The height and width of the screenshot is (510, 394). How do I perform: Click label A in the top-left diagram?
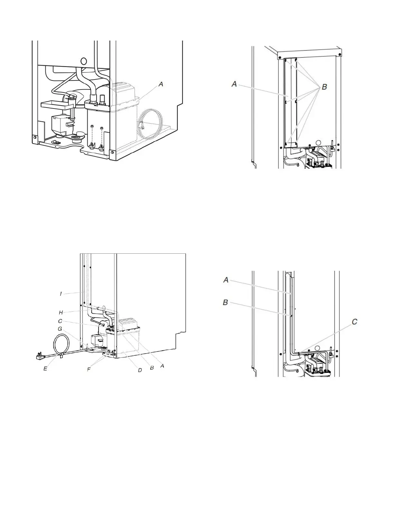[161, 84]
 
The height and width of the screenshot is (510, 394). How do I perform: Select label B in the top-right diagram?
[324, 87]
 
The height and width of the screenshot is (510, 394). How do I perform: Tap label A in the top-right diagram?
[234, 84]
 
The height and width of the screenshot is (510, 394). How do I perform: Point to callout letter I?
[61, 294]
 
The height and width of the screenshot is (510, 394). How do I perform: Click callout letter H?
[61, 312]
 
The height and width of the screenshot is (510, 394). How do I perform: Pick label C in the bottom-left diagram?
[60, 321]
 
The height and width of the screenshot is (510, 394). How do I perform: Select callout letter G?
[60, 329]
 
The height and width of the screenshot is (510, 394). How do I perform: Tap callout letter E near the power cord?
[45, 368]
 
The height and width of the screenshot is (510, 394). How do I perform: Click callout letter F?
[89, 369]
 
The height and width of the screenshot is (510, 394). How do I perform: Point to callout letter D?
[140, 370]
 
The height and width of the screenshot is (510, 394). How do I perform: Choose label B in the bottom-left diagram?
[152, 368]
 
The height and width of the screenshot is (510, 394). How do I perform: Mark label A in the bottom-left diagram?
[162, 366]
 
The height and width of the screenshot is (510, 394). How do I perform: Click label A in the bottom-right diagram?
[226, 280]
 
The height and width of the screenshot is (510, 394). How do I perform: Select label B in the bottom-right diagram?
[225, 303]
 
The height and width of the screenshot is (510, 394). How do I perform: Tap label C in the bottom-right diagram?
[355, 322]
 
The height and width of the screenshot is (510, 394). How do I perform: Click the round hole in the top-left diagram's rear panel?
[84, 61]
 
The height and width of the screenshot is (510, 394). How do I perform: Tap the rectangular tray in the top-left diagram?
[56, 105]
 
